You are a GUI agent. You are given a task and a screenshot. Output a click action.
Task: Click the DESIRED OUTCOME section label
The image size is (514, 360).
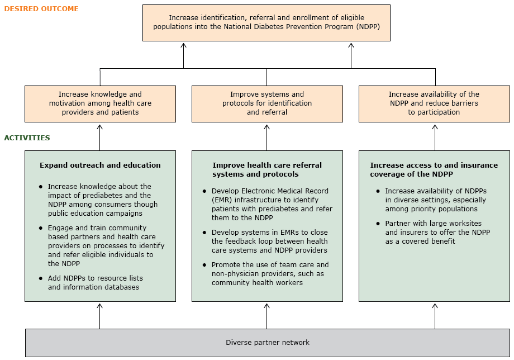coord(41,9)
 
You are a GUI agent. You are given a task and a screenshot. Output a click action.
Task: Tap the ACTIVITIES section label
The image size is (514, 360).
coord(27,138)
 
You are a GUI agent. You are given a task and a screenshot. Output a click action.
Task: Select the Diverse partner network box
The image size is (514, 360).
coord(267,343)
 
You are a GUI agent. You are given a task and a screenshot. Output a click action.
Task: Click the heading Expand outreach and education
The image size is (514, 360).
coord(100,165)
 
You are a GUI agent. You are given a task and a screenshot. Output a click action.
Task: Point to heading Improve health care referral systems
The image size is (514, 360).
coord(267,169)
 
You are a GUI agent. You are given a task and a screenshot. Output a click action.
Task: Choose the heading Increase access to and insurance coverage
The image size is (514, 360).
coord(434,169)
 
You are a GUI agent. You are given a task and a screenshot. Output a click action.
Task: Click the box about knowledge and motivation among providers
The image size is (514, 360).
coord(100,103)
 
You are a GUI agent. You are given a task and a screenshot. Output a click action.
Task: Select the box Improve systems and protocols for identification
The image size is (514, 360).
coord(267,103)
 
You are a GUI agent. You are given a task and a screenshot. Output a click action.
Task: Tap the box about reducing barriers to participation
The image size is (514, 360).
coord(434,103)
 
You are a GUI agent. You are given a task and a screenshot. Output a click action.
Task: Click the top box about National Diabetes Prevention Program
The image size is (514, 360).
coord(266,22)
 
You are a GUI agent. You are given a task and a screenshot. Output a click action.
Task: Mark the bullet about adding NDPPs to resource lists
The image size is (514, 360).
coord(95,283)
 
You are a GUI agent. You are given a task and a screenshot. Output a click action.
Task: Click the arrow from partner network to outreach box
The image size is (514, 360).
coord(100,316)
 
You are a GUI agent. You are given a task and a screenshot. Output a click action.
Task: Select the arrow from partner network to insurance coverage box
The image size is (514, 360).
coord(435,316)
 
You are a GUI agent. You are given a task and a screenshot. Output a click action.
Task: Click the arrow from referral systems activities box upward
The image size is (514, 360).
coord(267,137)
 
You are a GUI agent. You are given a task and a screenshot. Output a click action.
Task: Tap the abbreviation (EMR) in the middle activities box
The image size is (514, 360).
coord(222,200)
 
